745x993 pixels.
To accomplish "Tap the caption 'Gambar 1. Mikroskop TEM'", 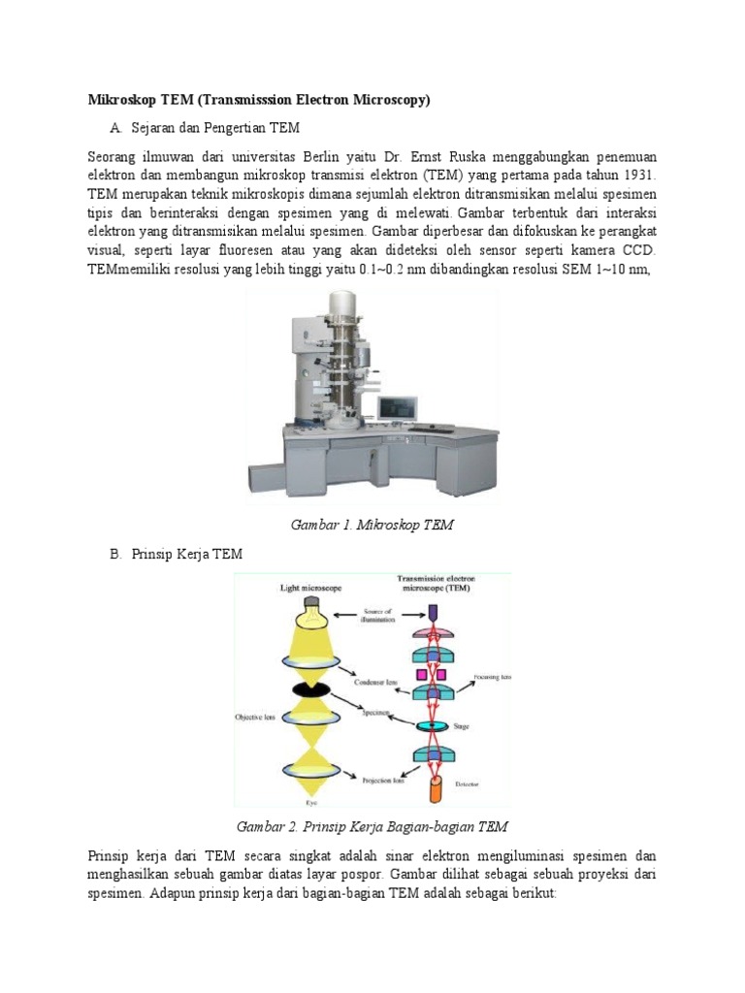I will pos(372,525).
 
